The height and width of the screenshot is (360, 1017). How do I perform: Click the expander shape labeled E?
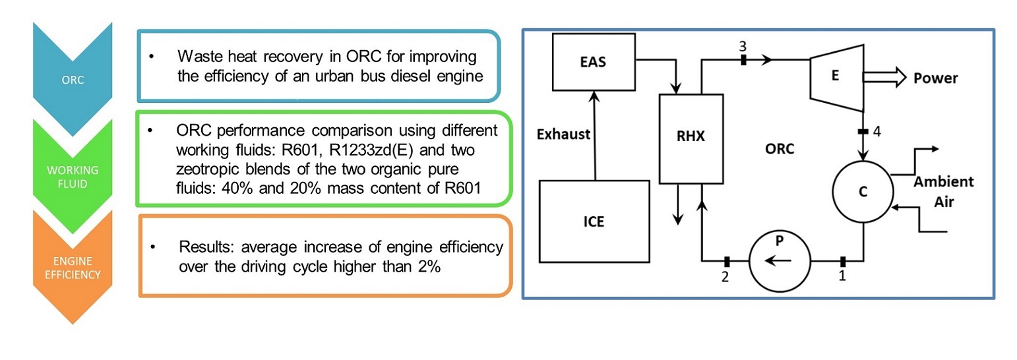tap(836, 76)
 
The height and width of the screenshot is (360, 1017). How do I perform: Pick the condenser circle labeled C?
tap(863, 191)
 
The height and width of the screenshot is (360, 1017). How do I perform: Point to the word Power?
tap(935, 79)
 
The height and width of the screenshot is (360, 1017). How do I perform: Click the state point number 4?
tap(877, 131)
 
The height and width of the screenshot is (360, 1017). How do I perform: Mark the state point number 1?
tap(842, 277)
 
